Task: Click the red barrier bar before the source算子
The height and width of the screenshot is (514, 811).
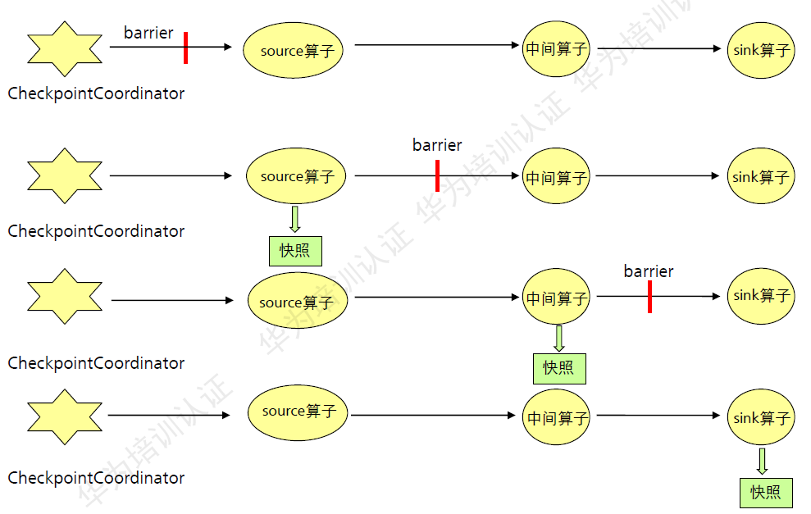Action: point(186,48)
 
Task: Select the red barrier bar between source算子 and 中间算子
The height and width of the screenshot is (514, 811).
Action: point(437,175)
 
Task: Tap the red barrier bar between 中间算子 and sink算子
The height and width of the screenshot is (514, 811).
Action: point(649,296)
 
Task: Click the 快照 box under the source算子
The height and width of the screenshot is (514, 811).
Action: point(295,250)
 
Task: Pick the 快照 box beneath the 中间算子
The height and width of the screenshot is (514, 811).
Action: point(559,368)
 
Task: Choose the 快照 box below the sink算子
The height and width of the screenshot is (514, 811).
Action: point(766,492)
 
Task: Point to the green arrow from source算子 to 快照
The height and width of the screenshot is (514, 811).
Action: point(295,219)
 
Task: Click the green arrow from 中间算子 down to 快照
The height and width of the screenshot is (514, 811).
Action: point(559,338)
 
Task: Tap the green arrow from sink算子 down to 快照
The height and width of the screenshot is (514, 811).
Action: point(762,461)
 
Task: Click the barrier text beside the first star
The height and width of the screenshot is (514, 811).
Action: point(148,33)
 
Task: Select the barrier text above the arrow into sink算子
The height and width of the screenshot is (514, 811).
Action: point(649,271)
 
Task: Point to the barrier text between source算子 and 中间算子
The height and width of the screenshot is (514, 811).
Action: point(437,145)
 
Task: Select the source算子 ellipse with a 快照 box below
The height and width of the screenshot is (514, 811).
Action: point(296,176)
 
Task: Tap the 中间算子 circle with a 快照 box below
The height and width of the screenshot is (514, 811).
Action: point(557,298)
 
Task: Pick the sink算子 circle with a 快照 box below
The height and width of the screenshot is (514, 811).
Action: point(761,418)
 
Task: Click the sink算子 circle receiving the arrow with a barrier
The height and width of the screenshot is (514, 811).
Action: point(761,296)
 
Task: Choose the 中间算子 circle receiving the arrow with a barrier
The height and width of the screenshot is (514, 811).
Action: point(557,176)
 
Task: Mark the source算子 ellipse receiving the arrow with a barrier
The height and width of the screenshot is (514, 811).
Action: point(293,50)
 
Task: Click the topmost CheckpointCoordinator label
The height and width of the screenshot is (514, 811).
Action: point(96,93)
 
